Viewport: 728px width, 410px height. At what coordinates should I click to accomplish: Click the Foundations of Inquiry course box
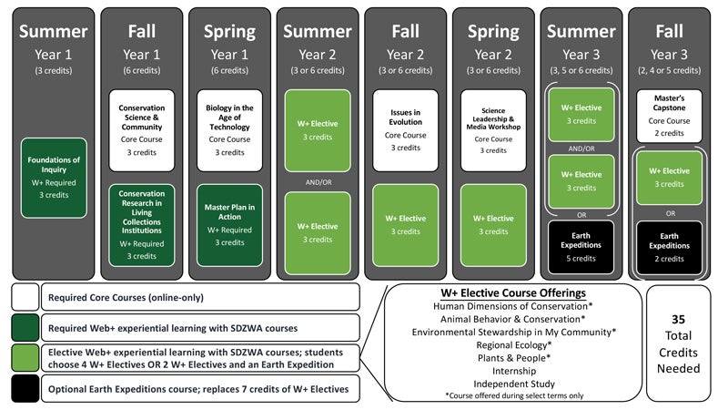coord(54,178)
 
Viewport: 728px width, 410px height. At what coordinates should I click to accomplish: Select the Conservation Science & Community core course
coord(141,128)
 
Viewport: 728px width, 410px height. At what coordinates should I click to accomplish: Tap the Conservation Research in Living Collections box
coord(141,225)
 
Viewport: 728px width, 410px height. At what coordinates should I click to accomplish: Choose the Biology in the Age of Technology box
coord(229,128)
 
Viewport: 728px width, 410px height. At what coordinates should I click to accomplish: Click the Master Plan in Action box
coord(229,225)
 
